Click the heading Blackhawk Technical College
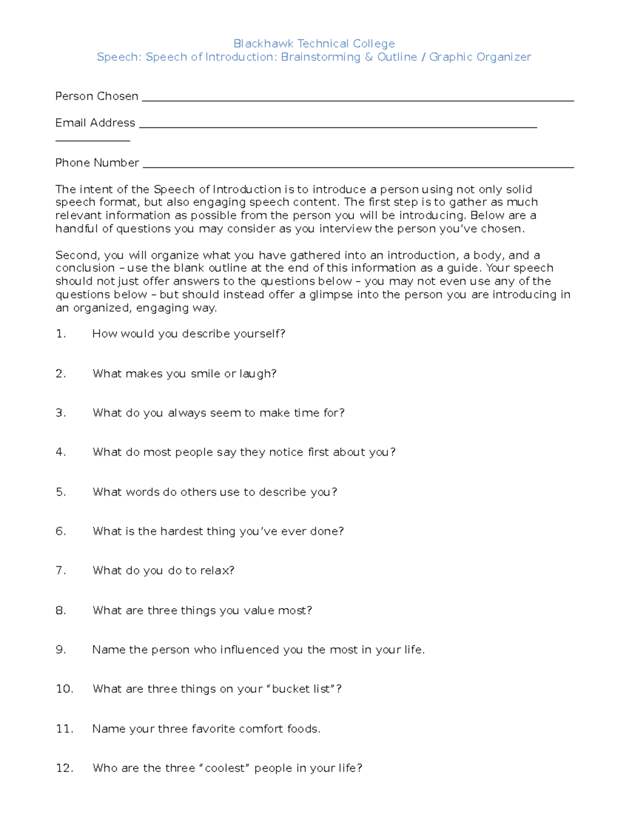point(314,44)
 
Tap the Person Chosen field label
point(97,96)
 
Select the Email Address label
point(95,123)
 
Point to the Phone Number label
point(97,163)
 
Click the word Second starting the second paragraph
point(77,256)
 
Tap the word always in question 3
point(187,413)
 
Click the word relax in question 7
point(217,571)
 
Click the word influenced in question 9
point(250,650)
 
